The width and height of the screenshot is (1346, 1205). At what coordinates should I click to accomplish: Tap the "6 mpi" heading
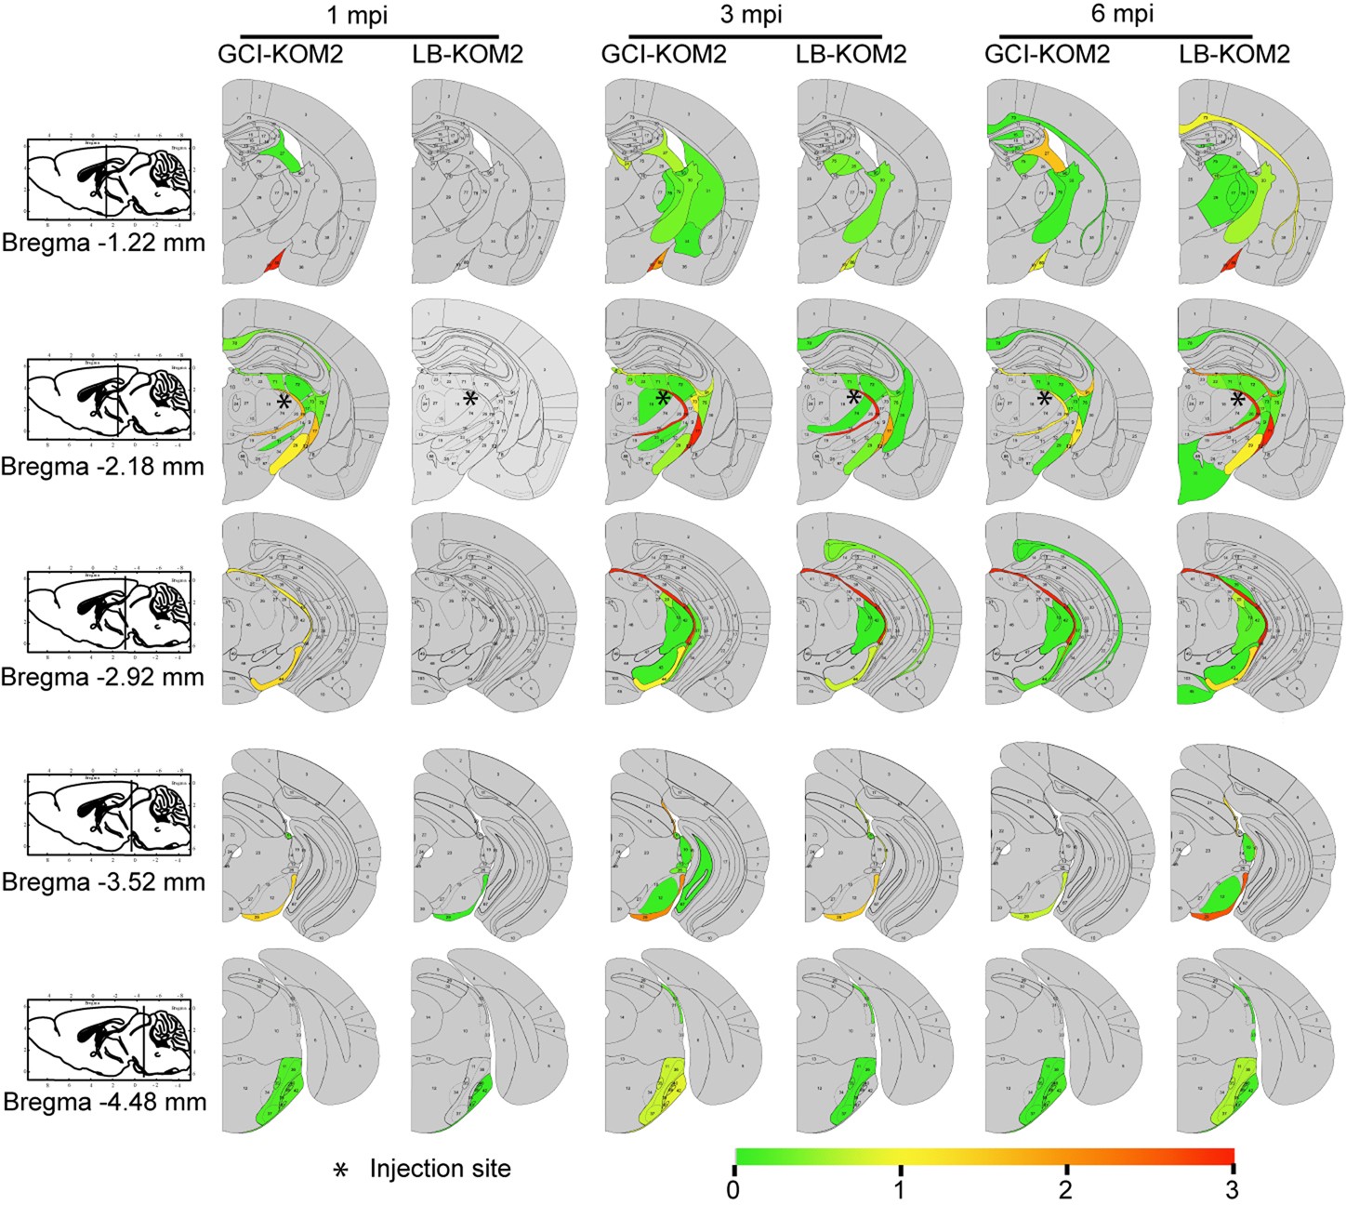point(1124,15)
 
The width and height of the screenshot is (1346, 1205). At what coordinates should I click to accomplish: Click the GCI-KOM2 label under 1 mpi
point(281,54)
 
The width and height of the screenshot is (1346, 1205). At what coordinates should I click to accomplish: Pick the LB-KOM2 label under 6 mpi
point(1234,54)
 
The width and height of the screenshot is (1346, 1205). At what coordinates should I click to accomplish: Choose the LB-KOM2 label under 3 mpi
point(851,54)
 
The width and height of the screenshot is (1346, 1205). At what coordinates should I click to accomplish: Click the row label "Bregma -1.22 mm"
point(103,245)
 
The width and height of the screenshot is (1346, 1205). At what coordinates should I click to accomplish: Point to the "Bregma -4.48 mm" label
point(104,1103)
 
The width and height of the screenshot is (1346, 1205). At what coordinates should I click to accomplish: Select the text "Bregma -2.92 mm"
point(103,676)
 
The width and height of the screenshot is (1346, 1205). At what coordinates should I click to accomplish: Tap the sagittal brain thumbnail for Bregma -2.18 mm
point(108,398)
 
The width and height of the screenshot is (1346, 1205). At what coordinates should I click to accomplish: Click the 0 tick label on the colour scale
point(734,1189)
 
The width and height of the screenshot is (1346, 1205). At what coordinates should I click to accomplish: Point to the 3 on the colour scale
point(1232,1189)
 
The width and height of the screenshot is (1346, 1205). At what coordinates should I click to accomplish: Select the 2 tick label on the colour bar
point(1066,1189)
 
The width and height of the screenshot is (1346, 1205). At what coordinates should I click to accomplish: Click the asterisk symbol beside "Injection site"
point(341,1170)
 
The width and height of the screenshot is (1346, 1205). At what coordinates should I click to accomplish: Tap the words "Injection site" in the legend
point(440,1168)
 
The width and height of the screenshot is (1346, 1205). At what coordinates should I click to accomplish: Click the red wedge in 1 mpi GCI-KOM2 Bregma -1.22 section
point(272,264)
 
